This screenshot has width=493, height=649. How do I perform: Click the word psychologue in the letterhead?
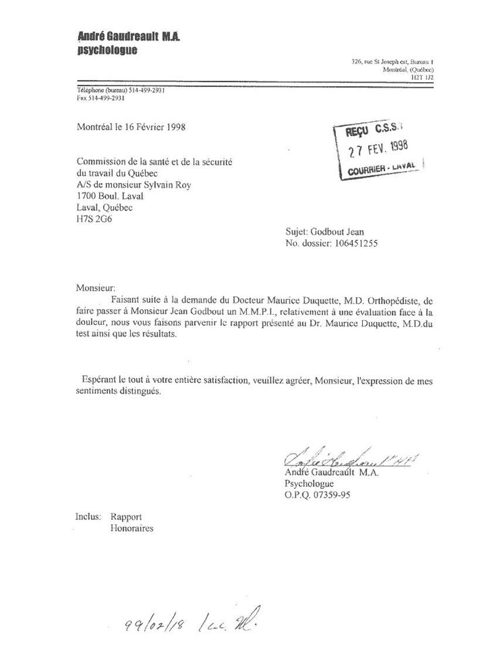(x=107, y=50)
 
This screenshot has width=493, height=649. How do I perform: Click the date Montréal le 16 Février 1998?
(x=131, y=127)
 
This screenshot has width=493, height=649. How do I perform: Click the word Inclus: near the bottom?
(x=89, y=517)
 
